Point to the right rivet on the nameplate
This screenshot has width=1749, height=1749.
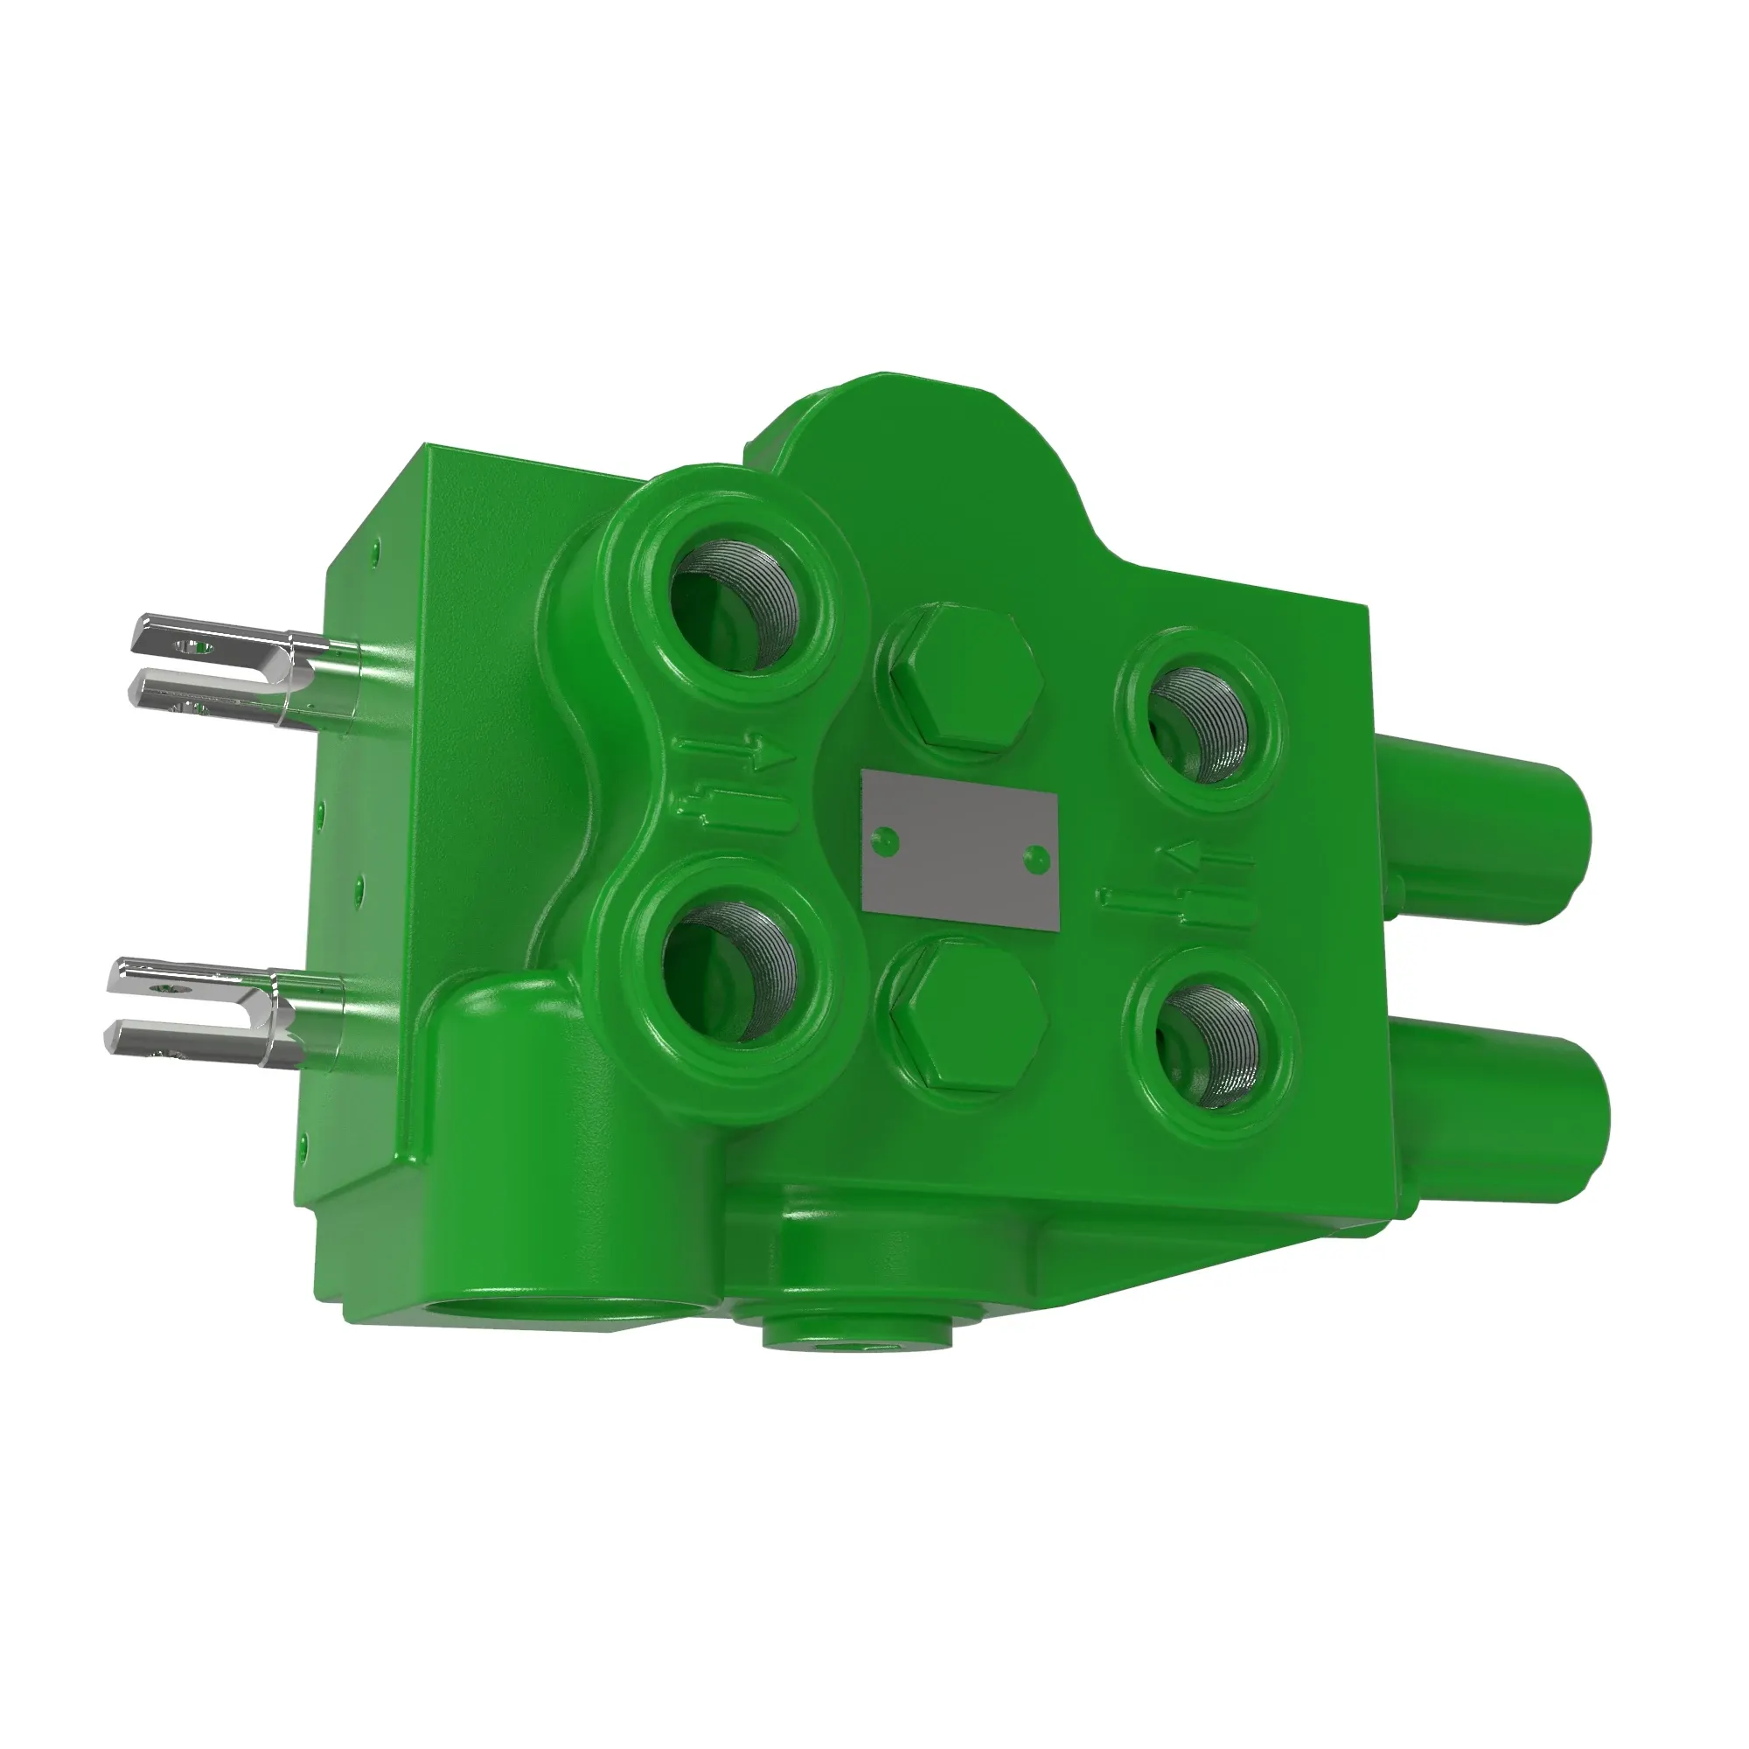pyautogui.click(x=1035, y=855)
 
